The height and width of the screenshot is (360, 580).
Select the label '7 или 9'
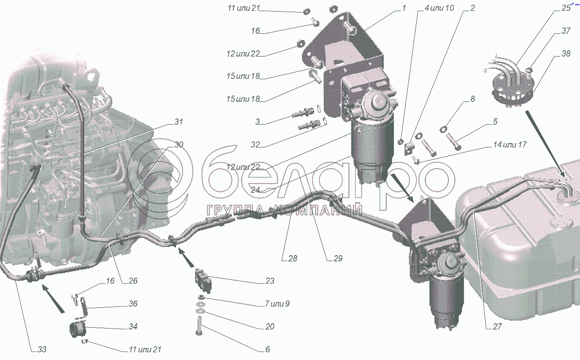(277, 304)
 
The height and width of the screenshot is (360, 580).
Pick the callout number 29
(337, 259)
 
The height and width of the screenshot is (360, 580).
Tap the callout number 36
(132, 304)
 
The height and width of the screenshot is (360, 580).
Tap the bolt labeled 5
(453, 142)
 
